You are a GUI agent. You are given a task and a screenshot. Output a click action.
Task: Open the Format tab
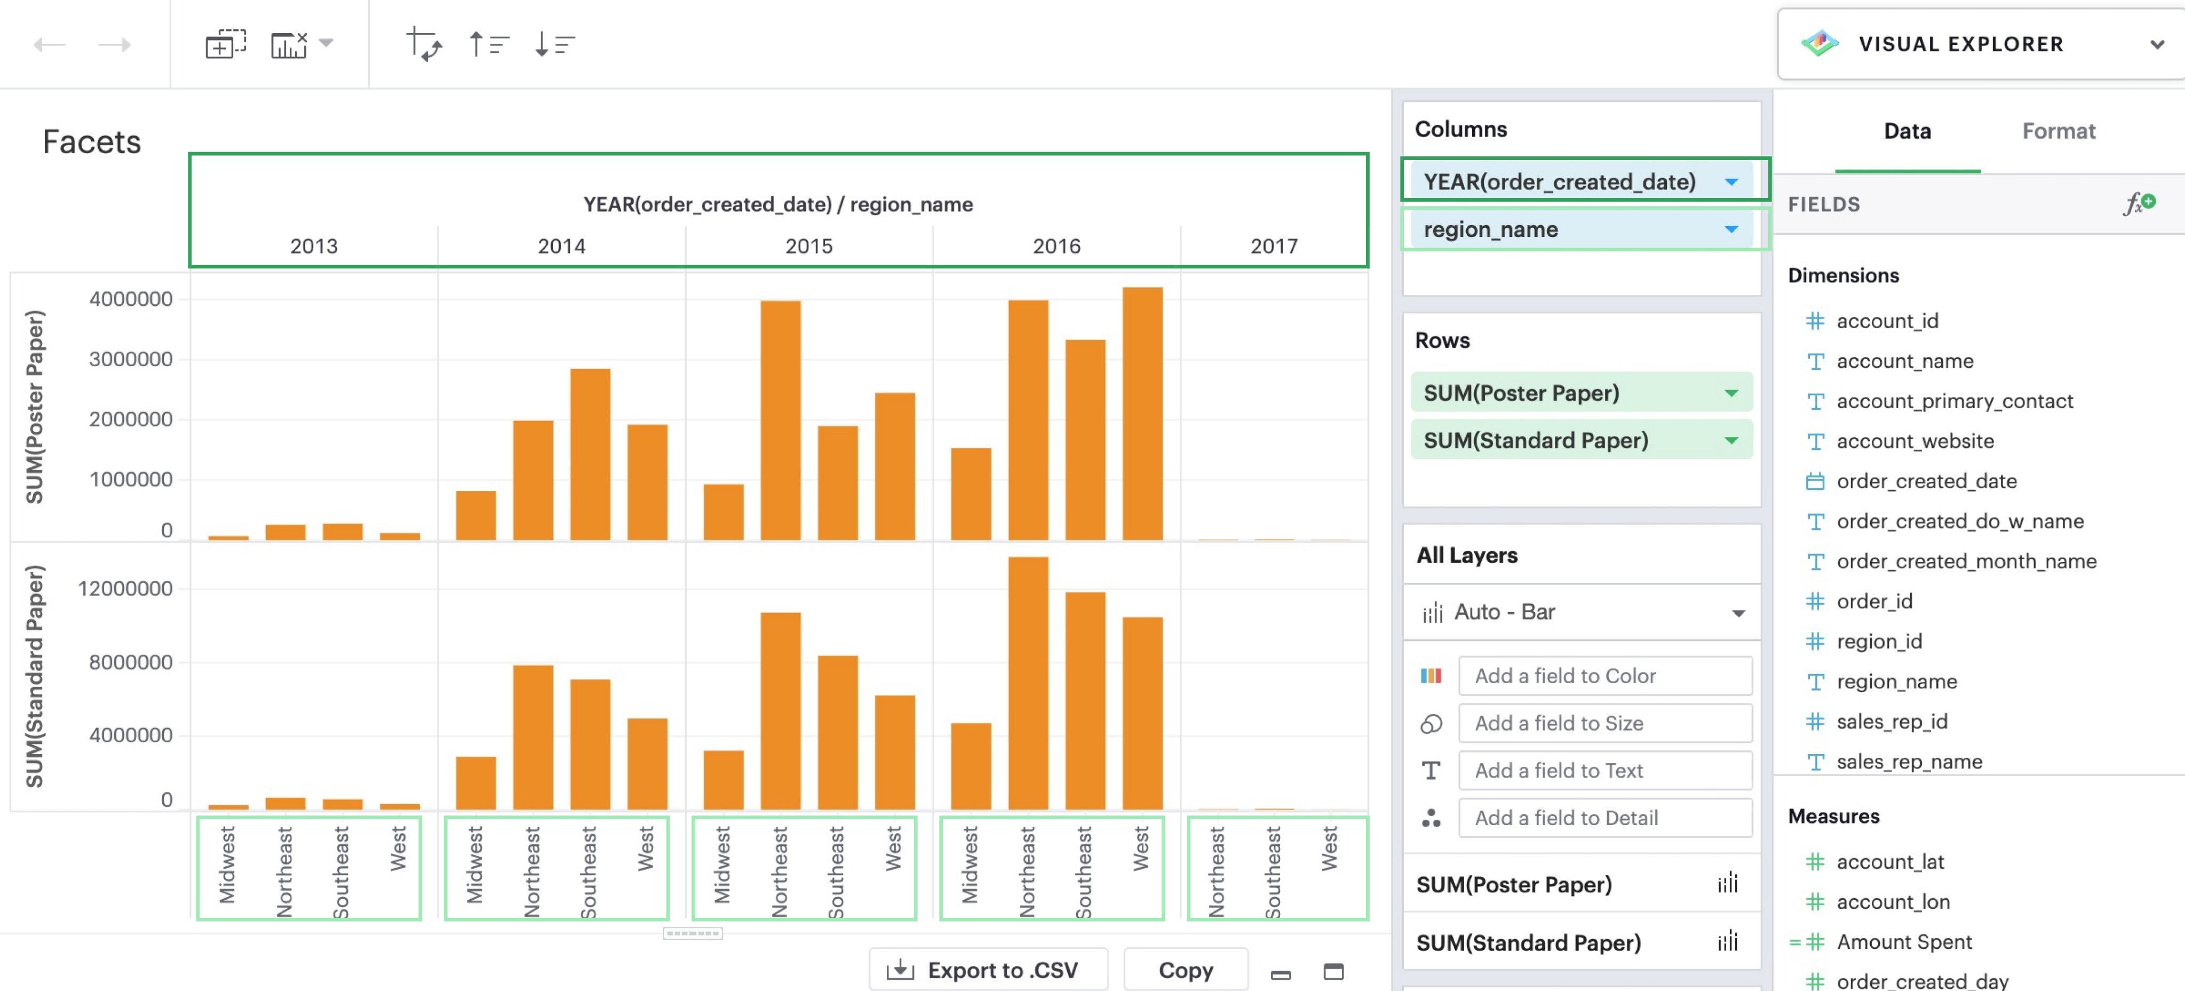(2058, 131)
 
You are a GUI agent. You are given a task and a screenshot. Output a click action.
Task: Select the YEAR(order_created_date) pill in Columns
(1559, 181)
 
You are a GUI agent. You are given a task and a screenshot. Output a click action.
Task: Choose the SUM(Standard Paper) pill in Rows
(1535, 440)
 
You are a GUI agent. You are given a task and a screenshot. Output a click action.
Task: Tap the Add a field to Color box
(1604, 676)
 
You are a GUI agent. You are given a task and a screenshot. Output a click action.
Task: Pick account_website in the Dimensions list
(1914, 441)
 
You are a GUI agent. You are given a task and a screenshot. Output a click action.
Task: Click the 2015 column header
(808, 246)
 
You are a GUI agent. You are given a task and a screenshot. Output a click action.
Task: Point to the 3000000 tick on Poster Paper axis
(131, 359)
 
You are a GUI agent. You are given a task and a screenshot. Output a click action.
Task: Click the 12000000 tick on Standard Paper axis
(125, 588)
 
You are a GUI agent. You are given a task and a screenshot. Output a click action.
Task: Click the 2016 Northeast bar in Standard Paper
(1027, 683)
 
